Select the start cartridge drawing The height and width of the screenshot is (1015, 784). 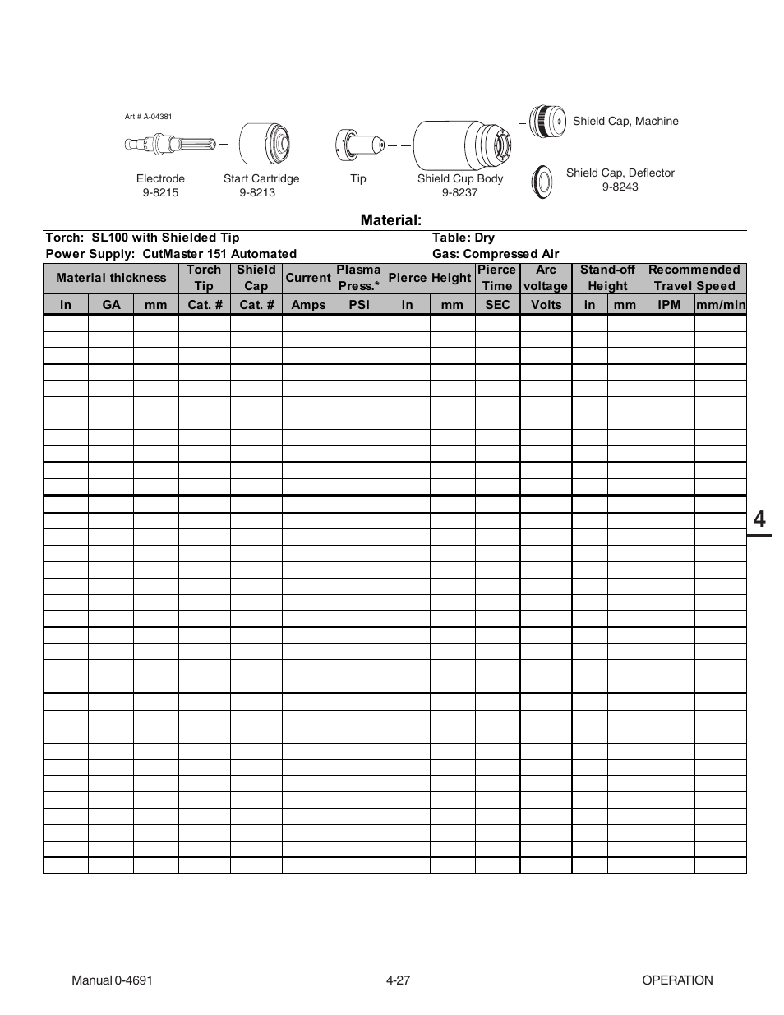click(265, 145)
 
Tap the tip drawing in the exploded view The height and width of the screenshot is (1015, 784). click(358, 145)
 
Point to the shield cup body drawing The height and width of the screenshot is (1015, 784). click(463, 145)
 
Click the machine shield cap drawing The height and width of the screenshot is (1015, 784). click(546, 122)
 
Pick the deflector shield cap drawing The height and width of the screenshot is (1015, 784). click(541, 180)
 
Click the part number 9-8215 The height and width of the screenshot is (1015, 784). click(160, 192)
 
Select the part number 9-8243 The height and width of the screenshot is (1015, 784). click(620, 187)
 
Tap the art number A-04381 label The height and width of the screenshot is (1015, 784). click(148, 117)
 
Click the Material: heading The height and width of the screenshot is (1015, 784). click(391, 220)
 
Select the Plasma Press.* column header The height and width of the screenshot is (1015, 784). click(359, 278)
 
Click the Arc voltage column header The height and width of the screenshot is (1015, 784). click(546, 278)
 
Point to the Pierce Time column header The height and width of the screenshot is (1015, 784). click(497, 278)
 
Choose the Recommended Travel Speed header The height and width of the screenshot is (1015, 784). click(694, 278)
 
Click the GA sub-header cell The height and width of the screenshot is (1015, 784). click(111, 305)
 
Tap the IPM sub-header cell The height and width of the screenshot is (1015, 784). click(669, 305)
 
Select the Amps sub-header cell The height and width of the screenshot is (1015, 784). click(308, 305)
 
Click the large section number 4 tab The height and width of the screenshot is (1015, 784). click(759, 519)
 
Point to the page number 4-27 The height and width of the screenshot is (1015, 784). click(398, 980)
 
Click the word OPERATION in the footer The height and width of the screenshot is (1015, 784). click(677, 980)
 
